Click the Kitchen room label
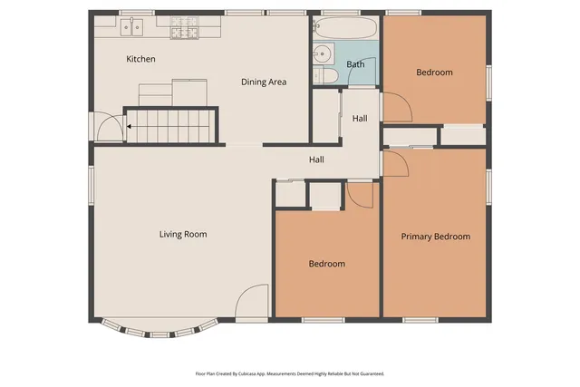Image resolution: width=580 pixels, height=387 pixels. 140,59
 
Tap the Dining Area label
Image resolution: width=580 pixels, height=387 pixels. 264,82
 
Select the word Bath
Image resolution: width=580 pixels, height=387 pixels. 355,64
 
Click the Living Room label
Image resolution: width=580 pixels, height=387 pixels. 183,235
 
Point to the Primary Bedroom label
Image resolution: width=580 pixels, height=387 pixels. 436,237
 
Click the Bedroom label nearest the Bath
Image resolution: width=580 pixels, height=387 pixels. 434,73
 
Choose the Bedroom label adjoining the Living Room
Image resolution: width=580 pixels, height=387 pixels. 326,264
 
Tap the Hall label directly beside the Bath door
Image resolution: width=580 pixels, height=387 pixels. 360,119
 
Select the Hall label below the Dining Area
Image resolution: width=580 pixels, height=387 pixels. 316,160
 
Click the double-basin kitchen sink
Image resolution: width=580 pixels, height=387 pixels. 132,28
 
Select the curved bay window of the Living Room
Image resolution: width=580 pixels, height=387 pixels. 159,328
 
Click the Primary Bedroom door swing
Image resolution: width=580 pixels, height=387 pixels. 395,164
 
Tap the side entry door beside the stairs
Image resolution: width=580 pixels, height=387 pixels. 108,128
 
